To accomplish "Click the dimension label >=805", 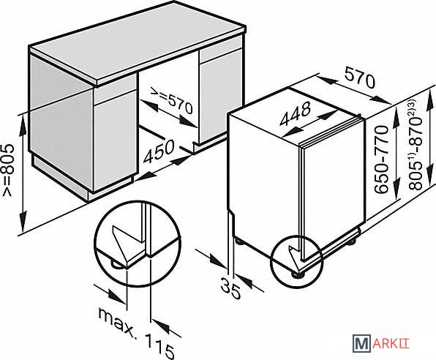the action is pyautogui.click(x=7, y=169).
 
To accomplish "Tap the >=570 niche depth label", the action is pyautogui.click(x=172, y=100).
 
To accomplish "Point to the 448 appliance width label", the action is pyautogui.click(x=296, y=113).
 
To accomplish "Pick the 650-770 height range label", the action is pyautogui.click(x=382, y=160).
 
